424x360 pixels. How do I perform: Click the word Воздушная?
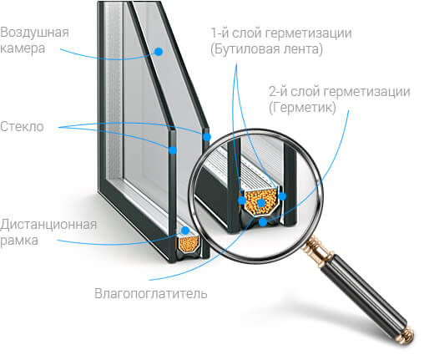tap(34, 33)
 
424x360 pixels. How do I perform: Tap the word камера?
tap(23, 48)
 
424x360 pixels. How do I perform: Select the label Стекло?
tap(22, 126)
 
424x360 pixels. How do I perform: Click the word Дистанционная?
tap(48, 225)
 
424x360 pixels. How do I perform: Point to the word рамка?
tap(19, 241)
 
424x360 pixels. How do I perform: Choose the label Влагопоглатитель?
tap(151, 293)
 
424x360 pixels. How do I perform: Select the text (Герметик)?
tap(302, 108)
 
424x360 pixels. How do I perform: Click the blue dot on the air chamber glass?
tap(159, 52)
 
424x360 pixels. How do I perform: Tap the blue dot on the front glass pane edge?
tap(173, 150)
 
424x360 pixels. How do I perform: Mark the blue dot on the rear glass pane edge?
tap(207, 137)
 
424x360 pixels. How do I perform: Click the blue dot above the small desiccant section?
tap(185, 231)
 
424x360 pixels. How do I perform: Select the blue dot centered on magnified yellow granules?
tap(261, 203)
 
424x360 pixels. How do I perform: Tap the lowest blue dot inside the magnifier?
tap(263, 222)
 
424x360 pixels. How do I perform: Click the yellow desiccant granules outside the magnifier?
tap(189, 244)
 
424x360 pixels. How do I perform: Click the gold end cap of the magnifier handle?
tap(407, 335)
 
